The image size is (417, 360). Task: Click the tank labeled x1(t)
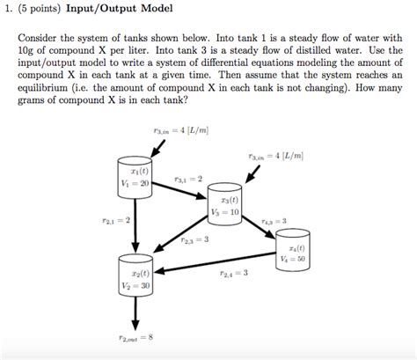pos(135,176)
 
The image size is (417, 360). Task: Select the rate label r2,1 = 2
pos(117,220)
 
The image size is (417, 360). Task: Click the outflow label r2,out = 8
pos(136,337)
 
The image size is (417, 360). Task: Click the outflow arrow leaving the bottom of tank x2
pos(136,313)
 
